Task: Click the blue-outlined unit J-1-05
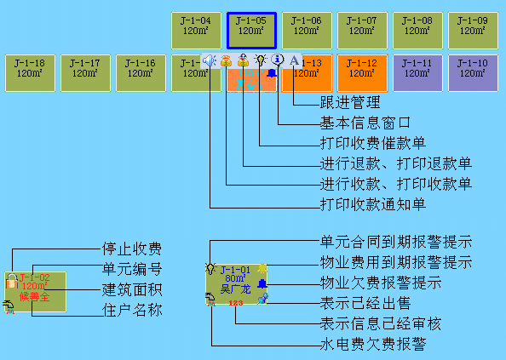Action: click(251, 30)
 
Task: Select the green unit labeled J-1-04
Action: click(196, 30)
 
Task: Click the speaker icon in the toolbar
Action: click(210, 60)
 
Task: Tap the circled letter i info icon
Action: click(278, 60)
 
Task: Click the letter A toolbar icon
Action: click(295, 60)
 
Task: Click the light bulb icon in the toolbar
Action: click(261, 60)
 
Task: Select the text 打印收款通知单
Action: click(373, 204)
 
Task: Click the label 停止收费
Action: click(132, 249)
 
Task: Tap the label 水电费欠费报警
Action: click(373, 345)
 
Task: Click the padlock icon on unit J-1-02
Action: click(10, 279)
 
